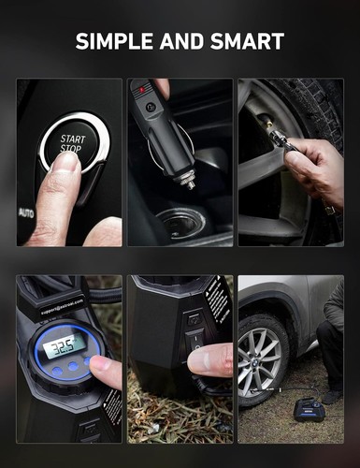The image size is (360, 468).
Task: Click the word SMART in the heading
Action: point(248,41)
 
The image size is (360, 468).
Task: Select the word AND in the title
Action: point(182,41)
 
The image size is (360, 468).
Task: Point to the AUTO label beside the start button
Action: point(25,212)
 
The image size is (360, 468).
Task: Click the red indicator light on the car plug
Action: point(143,91)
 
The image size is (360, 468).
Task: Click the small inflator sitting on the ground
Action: point(309,409)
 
